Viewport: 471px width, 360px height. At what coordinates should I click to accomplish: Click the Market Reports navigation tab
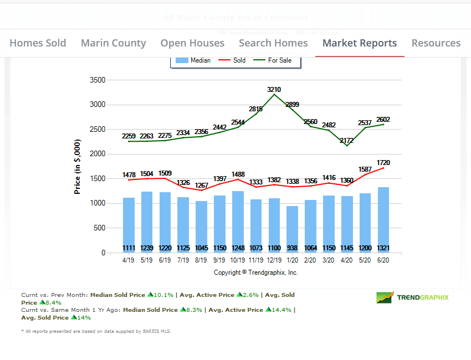coord(360,43)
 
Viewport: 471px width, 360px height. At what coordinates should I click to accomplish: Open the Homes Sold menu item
coord(38,43)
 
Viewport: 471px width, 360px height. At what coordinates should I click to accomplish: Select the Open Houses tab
coord(192,43)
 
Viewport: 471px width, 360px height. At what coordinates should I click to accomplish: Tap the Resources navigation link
coord(436,43)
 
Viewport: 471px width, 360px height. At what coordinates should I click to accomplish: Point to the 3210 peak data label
coord(274,89)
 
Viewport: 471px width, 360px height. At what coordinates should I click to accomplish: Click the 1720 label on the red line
coord(383,163)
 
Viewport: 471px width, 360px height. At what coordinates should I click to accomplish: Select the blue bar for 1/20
coord(292,227)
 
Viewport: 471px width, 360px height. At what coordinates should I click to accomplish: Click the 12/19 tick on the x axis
coord(274,260)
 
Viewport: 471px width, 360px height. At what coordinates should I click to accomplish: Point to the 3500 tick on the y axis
coord(97,80)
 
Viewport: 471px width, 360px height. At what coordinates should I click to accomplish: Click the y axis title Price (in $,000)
coord(78,166)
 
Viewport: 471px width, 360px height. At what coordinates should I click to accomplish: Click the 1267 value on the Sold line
coord(201,185)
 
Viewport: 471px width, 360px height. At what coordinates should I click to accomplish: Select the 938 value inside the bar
coord(292,248)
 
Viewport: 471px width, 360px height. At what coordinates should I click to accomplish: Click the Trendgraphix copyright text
coord(256,272)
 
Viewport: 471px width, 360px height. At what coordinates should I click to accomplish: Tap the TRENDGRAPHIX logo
coord(413,297)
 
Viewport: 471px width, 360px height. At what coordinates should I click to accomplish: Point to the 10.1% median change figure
coord(162,295)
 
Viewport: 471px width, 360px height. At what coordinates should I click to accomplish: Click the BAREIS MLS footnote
coord(96,331)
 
